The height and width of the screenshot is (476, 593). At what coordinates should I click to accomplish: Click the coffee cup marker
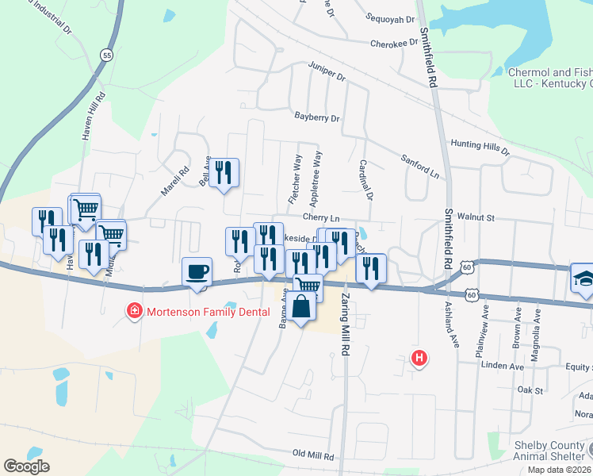(197, 273)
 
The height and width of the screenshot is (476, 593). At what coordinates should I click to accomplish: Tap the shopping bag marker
(302, 307)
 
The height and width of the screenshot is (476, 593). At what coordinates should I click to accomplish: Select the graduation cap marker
(583, 278)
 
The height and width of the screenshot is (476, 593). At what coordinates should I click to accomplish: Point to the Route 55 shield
(106, 55)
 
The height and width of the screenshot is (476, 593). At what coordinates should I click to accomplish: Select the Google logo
(27, 466)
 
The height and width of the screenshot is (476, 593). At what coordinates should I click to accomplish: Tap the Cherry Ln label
(320, 217)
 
